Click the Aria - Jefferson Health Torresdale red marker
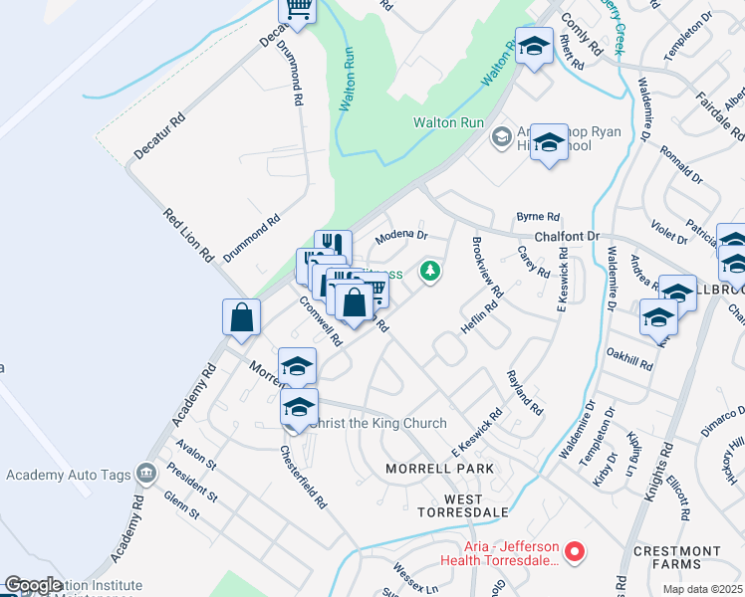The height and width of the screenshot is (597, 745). coord(574,549)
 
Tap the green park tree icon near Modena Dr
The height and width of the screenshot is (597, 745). coord(430,271)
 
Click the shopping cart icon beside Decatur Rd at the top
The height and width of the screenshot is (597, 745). coord(296,9)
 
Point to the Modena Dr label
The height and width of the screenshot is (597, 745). coord(401,237)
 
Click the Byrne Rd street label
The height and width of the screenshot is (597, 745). coord(538,216)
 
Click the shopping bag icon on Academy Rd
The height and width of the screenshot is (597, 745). coord(242,318)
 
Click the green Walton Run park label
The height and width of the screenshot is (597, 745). coord(449,123)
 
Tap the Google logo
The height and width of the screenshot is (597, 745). coord(33,585)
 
